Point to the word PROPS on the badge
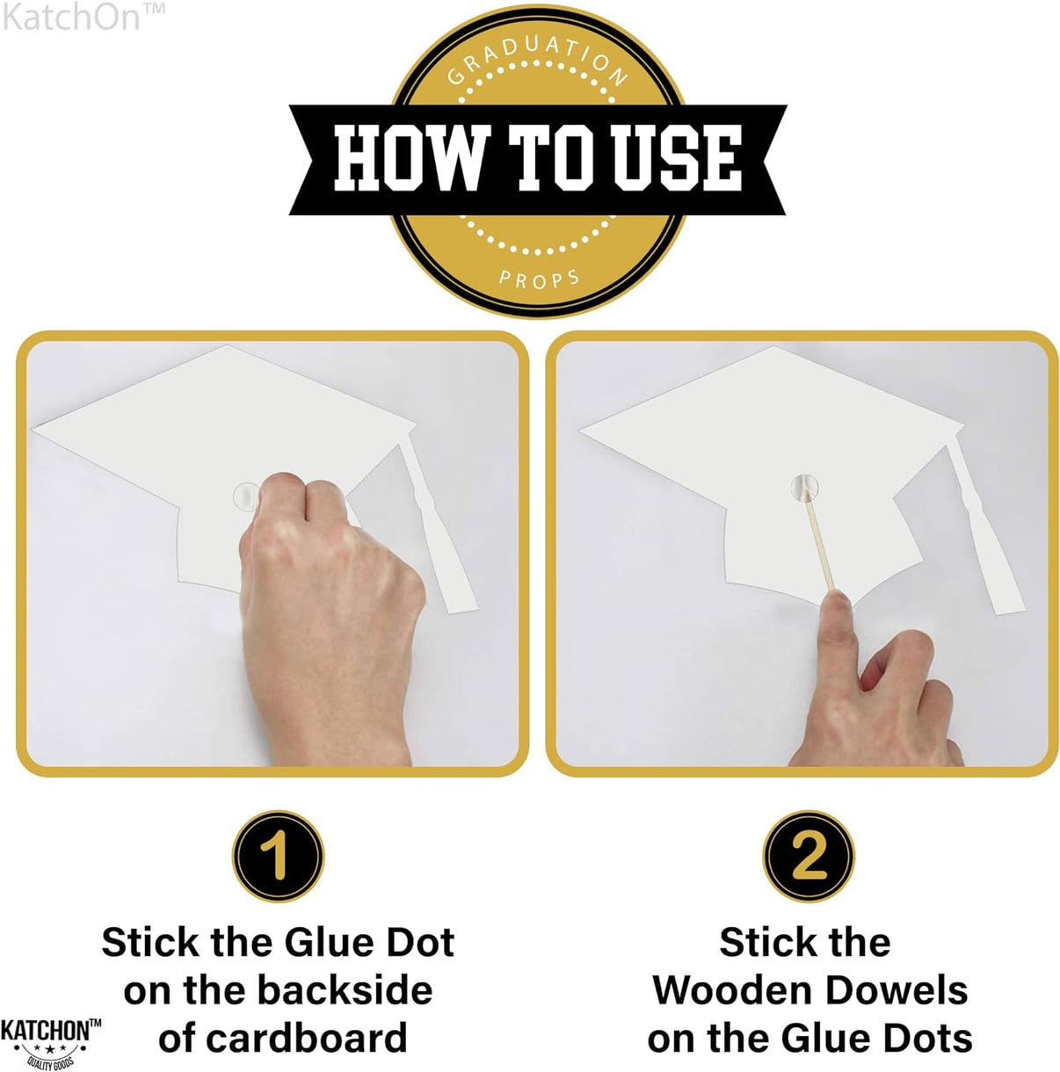coord(539,279)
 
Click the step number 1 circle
coord(278,856)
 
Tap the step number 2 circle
coord(809,856)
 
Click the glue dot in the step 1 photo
coord(245,495)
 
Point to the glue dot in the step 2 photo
coord(804,488)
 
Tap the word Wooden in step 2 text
coord(732,991)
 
